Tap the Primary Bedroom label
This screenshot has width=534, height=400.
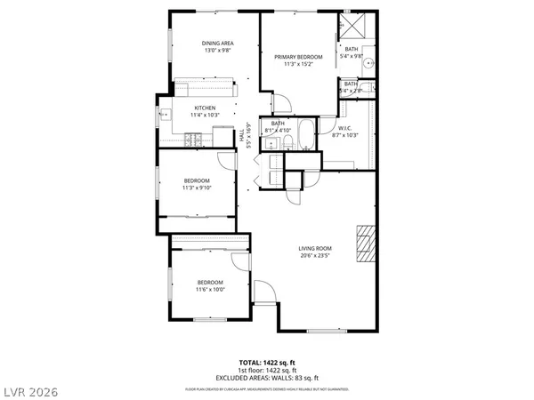297,55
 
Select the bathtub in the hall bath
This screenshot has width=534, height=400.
307,135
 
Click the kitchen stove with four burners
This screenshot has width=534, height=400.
194,138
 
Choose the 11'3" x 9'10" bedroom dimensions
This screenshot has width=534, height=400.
197,188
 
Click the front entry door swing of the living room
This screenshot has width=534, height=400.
265,292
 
